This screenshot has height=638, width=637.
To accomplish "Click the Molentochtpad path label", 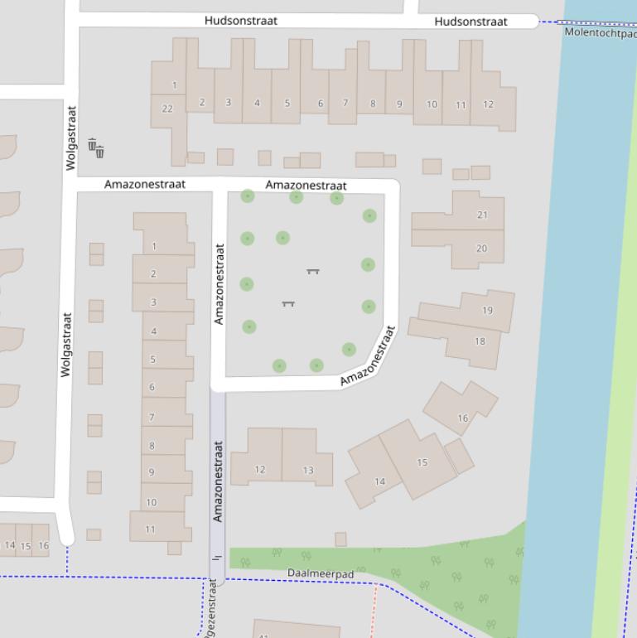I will [x=601, y=32].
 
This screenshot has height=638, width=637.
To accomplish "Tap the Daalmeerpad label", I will [x=321, y=573].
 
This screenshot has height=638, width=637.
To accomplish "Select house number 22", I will [x=167, y=109].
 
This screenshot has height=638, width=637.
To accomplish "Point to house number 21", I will [x=482, y=215].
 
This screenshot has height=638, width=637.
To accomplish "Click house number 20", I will [x=481, y=249].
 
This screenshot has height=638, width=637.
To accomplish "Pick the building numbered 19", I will [x=487, y=311].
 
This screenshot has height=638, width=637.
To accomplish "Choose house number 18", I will [x=480, y=341].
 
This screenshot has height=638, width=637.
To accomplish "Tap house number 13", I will [x=307, y=470].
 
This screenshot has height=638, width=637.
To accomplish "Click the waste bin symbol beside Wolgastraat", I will [x=96, y=148].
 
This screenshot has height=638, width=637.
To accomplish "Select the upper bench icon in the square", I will [x=313, y=271].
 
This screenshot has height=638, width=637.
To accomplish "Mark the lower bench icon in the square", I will [x=288, y=303].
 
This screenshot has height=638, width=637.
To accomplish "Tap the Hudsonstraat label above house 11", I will [x=471, y=22].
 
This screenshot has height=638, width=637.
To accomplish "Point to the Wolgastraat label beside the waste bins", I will [x=71, y=138].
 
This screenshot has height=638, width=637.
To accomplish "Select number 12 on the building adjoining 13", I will [x=259, y=469].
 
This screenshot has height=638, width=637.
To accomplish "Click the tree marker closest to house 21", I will [x=369, y=215].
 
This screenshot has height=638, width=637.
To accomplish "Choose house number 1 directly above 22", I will [x=174, y=85].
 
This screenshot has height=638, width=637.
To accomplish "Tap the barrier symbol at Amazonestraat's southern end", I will [x=217, y=558].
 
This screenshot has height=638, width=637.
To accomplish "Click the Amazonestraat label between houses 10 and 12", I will [x=218, y=481].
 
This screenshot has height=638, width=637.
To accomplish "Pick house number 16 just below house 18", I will [x=462, y=418].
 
